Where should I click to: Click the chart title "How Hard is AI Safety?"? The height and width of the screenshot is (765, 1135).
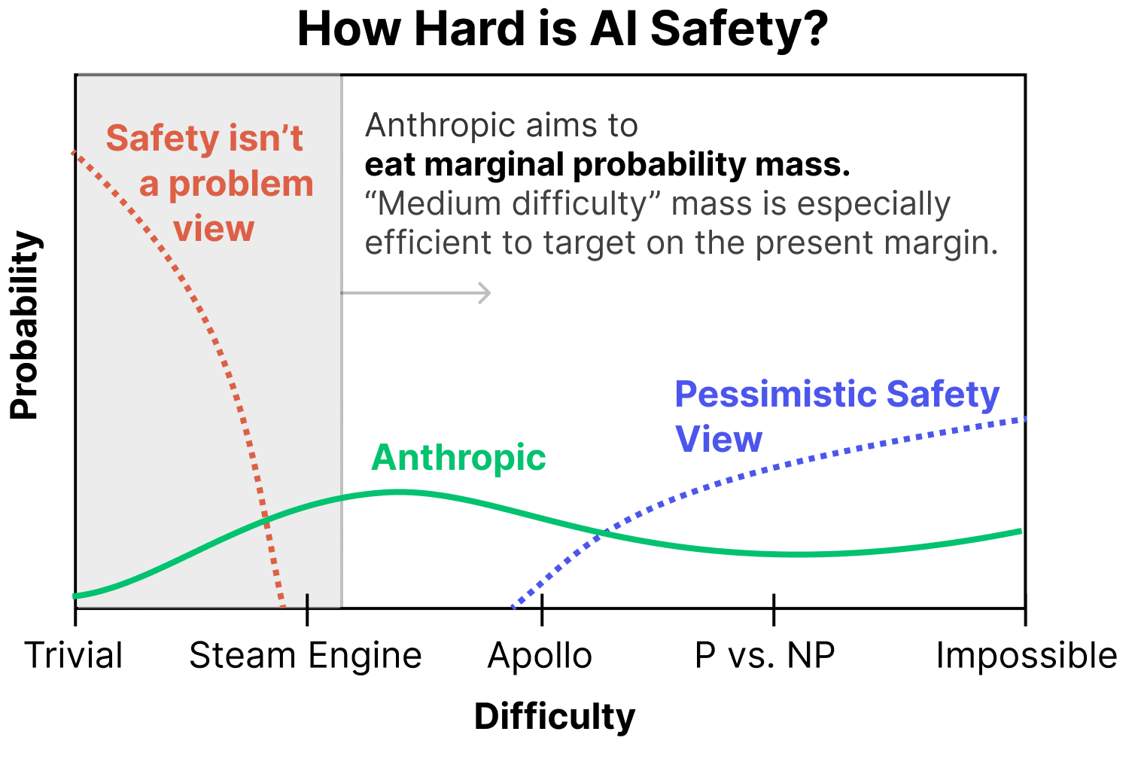point(562,30)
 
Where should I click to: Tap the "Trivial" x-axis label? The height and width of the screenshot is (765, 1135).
point(74,655)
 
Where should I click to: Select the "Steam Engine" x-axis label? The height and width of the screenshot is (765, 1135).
point(306,655)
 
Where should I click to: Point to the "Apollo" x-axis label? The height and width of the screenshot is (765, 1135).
point(540,655)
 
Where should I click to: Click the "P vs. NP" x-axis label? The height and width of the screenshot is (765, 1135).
point(765,655)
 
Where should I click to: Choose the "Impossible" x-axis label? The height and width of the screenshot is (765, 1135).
point(1027,655)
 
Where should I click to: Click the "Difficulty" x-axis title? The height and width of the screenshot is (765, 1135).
point(555,716)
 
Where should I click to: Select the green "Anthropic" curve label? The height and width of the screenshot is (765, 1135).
point(458,457)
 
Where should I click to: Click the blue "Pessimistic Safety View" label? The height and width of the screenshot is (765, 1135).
point(836,415)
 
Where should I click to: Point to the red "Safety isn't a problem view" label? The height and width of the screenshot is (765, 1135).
point(211,183)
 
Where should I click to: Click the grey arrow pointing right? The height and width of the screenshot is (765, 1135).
point(416,292)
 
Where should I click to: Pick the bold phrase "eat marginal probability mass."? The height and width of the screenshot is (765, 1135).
point(607,164)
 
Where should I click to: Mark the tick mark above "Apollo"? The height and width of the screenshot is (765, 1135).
point(542,608)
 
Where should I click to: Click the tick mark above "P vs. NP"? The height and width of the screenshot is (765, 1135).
point(774,608)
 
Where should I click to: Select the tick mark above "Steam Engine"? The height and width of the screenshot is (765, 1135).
point(307,608)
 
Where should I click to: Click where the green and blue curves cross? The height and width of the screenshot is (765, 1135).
point(601,533)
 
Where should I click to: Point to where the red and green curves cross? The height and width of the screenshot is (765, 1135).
point(266,517)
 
